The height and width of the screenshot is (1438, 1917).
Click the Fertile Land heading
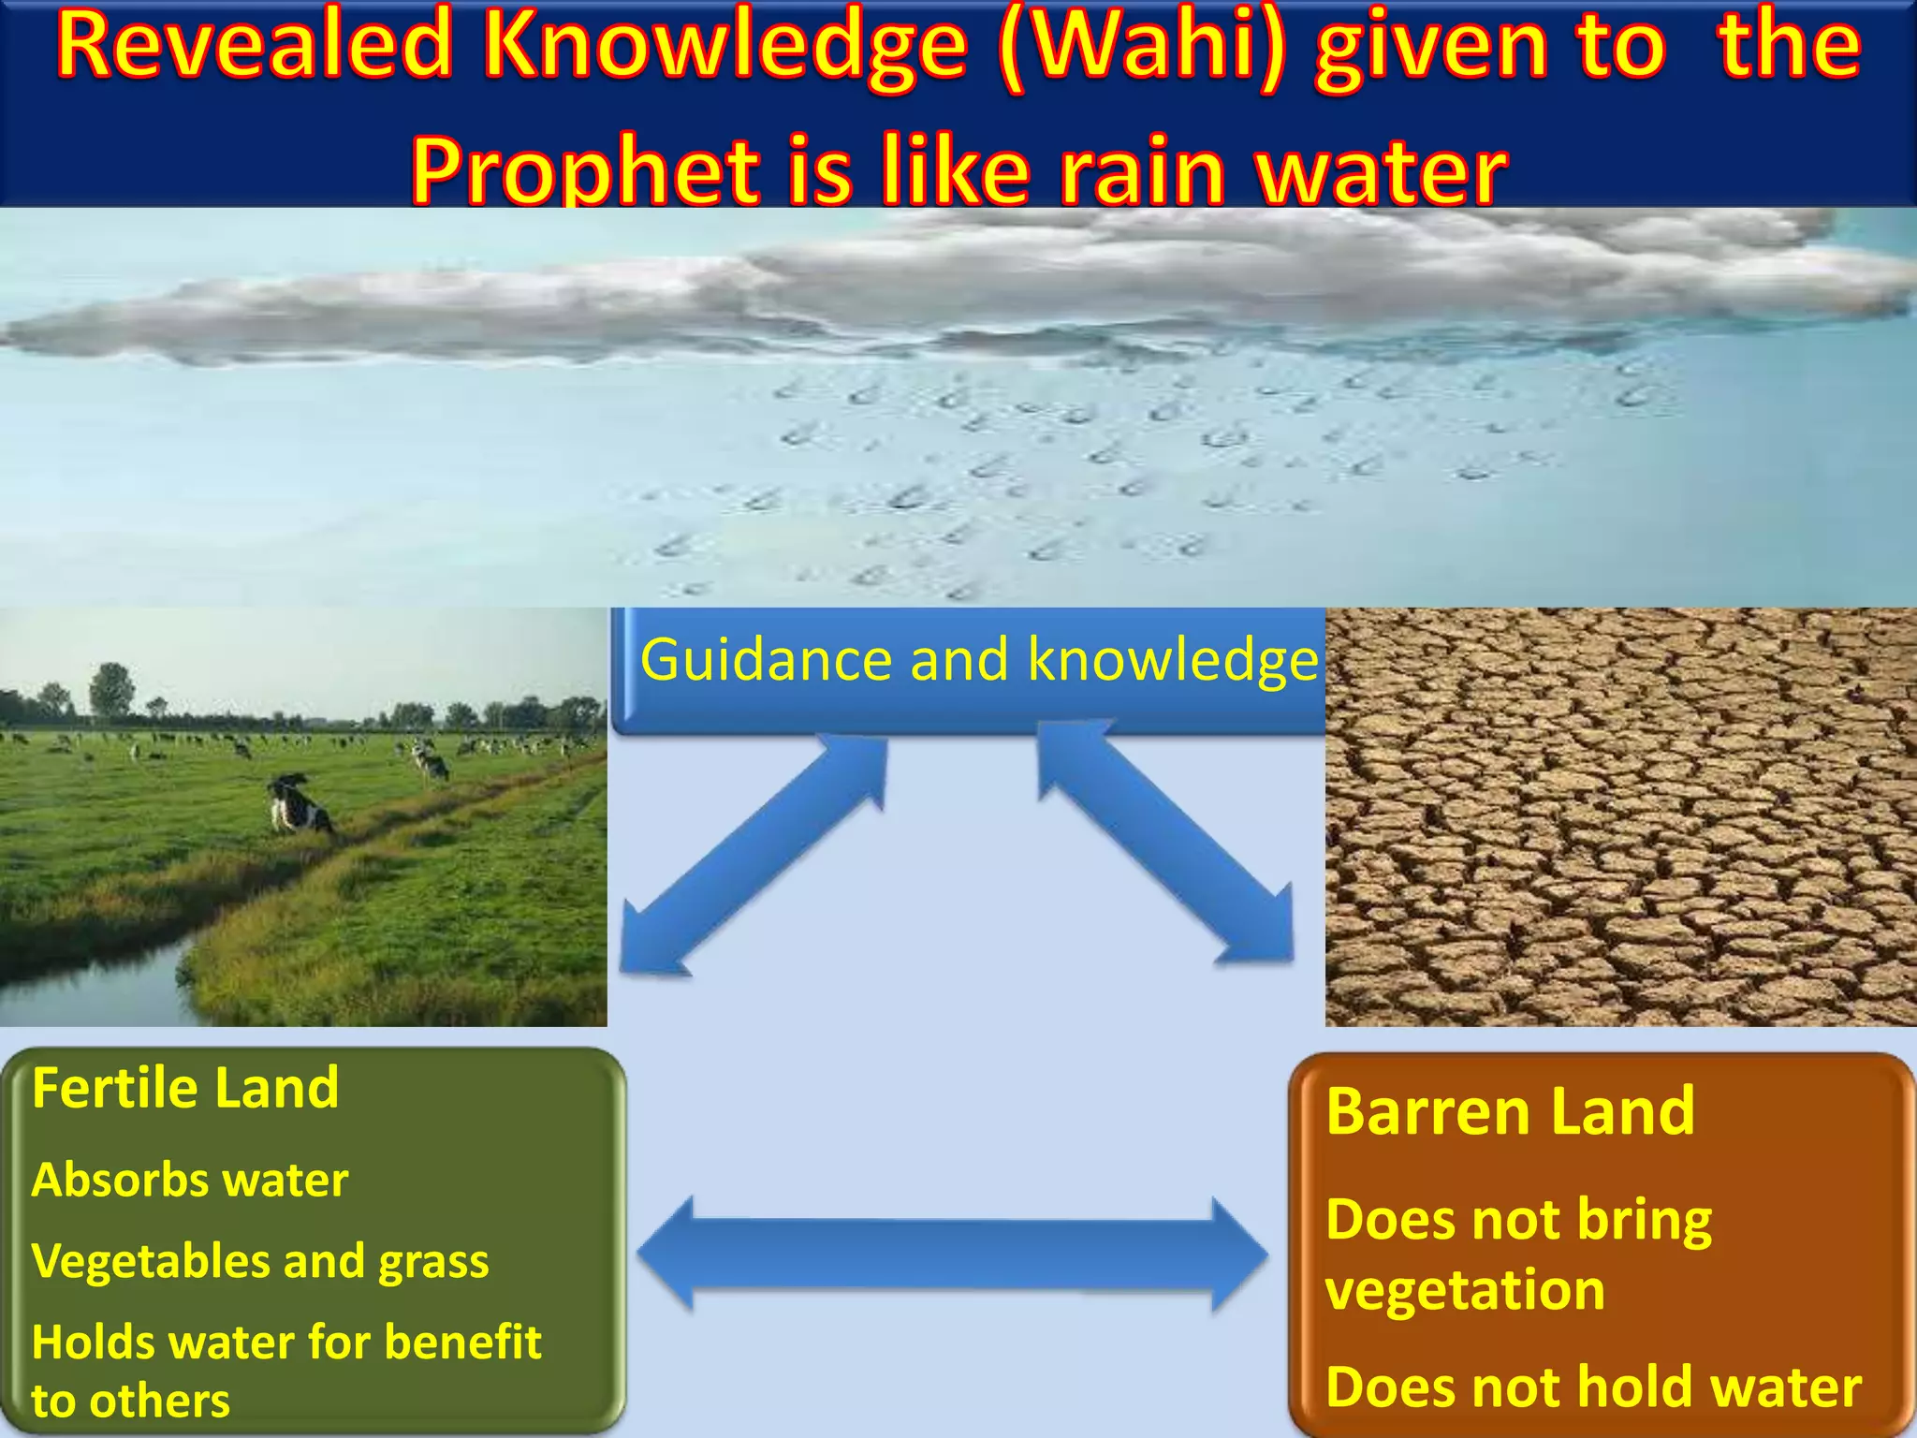185,1088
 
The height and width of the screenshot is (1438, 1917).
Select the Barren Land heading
1510,1112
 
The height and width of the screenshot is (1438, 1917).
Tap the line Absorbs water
190,1180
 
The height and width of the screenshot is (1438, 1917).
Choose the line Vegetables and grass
260,1261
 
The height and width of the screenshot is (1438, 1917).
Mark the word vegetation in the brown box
1465,1290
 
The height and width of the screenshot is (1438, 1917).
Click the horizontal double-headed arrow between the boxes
952,1255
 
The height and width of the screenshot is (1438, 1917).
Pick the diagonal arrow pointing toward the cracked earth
1165,843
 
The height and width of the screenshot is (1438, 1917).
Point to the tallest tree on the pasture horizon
111,688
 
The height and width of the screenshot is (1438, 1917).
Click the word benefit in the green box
462,1343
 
